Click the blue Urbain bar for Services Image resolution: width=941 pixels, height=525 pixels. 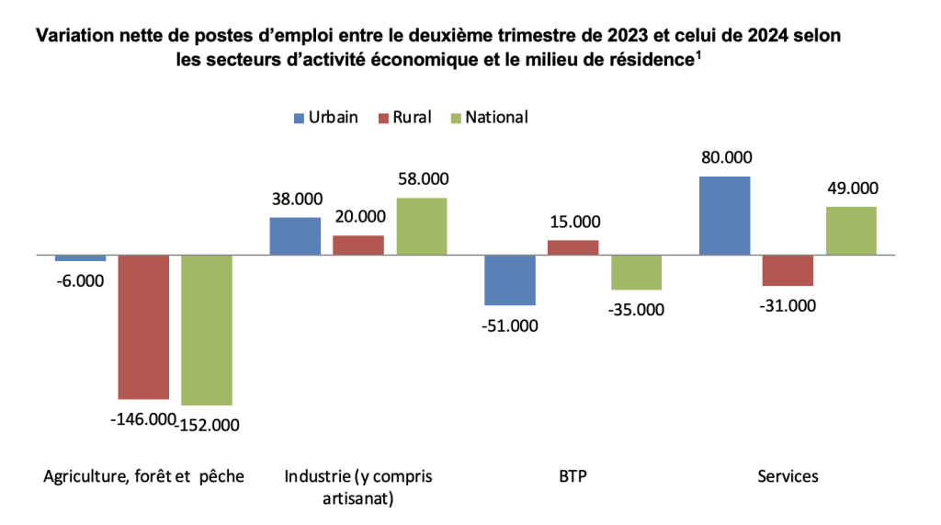(x=724, y=215)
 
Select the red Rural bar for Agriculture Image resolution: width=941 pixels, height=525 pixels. (x=143, y=326)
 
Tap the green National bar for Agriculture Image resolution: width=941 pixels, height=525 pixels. (x=206, y=330)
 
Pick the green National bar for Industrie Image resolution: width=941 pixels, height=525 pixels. (x=421, y=226)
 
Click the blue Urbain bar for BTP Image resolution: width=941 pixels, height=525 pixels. (x=510, y=280)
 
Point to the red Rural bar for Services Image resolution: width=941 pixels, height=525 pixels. (x=788, y=270)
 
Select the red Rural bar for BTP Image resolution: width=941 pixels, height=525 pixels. (x=573, y=247)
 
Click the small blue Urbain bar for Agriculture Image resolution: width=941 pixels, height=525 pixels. (x=80, y=258)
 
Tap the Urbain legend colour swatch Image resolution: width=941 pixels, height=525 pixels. (x=299, y=118)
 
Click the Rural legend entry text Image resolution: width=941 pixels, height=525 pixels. (x=412, y=118)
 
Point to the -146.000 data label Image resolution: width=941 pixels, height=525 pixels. (x=142, y=419)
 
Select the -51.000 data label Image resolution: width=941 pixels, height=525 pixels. (x=510, y=325)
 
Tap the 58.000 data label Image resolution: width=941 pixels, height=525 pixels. (x=422, y=179)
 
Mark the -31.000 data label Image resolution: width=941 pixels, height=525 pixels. (x=788, y=306)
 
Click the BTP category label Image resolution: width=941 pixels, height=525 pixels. (x=573, y=476)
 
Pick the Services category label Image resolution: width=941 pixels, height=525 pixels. (x=788, y=476)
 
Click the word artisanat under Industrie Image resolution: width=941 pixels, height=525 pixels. (x=357, y=499)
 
